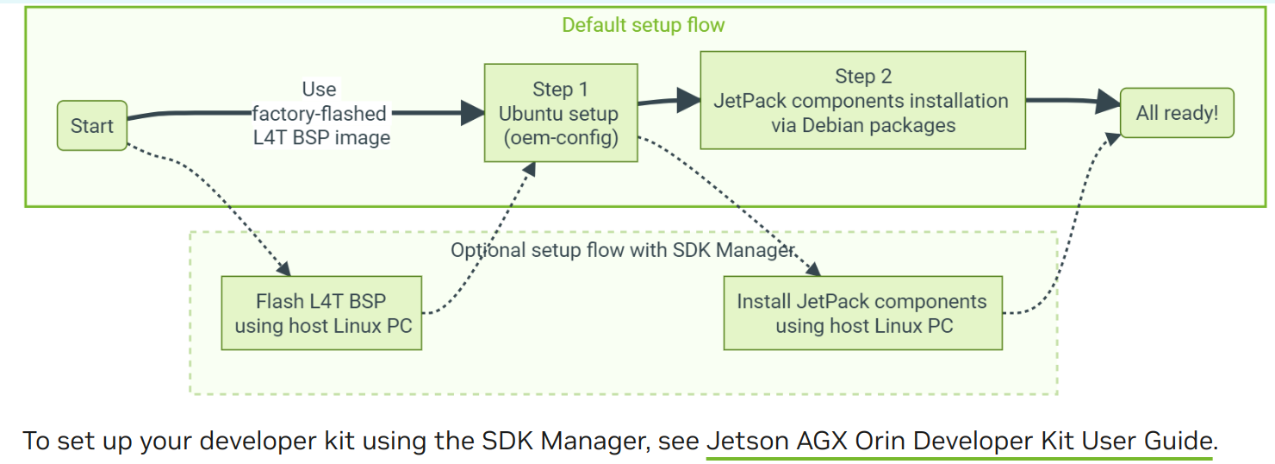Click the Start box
[92, 126]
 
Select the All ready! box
[1177, 113]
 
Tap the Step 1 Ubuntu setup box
[560, 113]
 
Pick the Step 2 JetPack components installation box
[862, 100]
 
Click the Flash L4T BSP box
[321, 313]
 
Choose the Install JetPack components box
[862, 313]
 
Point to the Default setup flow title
[643, 25]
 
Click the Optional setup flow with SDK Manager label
[622, 251]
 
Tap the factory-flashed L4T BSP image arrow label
[320, 113]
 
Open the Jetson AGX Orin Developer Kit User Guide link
[959, 441]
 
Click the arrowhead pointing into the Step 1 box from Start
[473, 112]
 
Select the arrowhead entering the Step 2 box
[688, 99]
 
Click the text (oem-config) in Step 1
[560, 137]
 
